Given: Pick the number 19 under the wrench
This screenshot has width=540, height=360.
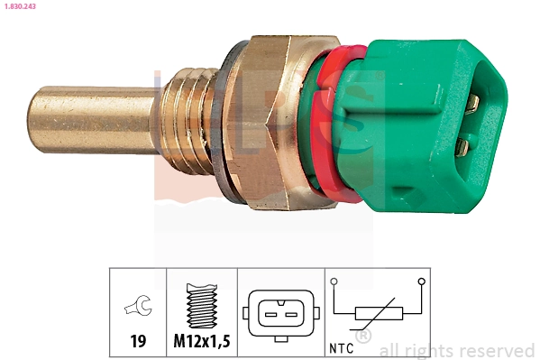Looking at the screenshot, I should (x=138, y=341).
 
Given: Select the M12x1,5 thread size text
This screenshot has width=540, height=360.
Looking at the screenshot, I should (x=202, y=341).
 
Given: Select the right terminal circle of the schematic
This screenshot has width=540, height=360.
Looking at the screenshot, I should (x=422, y=282).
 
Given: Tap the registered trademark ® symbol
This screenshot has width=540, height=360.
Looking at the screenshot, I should (x=363, y=337).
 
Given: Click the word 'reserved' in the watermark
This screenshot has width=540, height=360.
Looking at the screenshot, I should (x=497, y=350).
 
